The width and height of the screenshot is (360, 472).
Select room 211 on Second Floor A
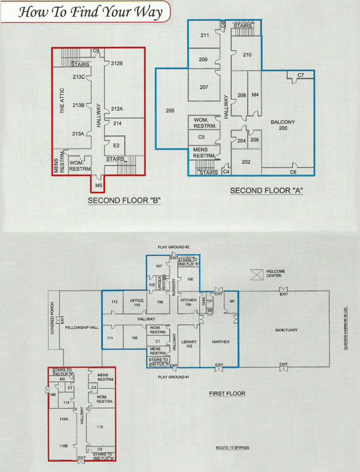point(205,36)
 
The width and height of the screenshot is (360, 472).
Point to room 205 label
point(169,111)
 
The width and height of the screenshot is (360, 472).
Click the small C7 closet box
point(301,76)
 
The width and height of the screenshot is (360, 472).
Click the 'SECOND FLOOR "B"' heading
point(123,200)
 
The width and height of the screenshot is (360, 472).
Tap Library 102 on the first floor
point(189,344)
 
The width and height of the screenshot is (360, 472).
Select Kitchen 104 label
point(187,303)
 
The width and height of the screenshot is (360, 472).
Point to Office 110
point(136,303)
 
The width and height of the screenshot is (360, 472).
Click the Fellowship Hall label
point(81,327)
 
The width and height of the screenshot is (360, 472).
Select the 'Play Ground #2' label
point(174,246)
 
